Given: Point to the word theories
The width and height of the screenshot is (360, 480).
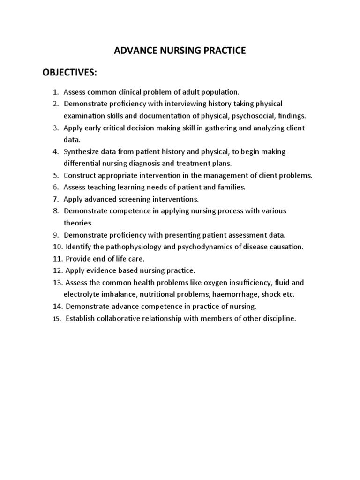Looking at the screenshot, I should point(78,223).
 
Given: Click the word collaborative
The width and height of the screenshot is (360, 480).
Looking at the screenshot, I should point(122,319).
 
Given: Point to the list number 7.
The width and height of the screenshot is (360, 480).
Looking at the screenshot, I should point(55,199).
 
